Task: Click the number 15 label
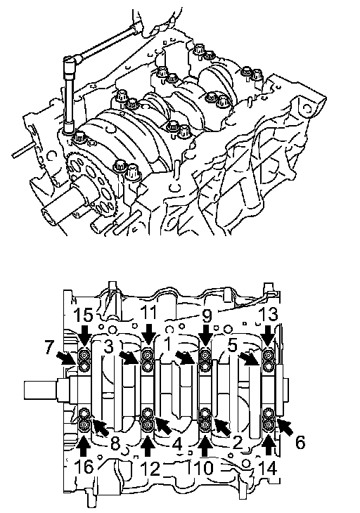84,315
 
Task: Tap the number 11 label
149,314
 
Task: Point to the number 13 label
269,314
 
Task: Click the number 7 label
49,347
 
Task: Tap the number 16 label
84,467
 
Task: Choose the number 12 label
150,468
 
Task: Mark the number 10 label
205,468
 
